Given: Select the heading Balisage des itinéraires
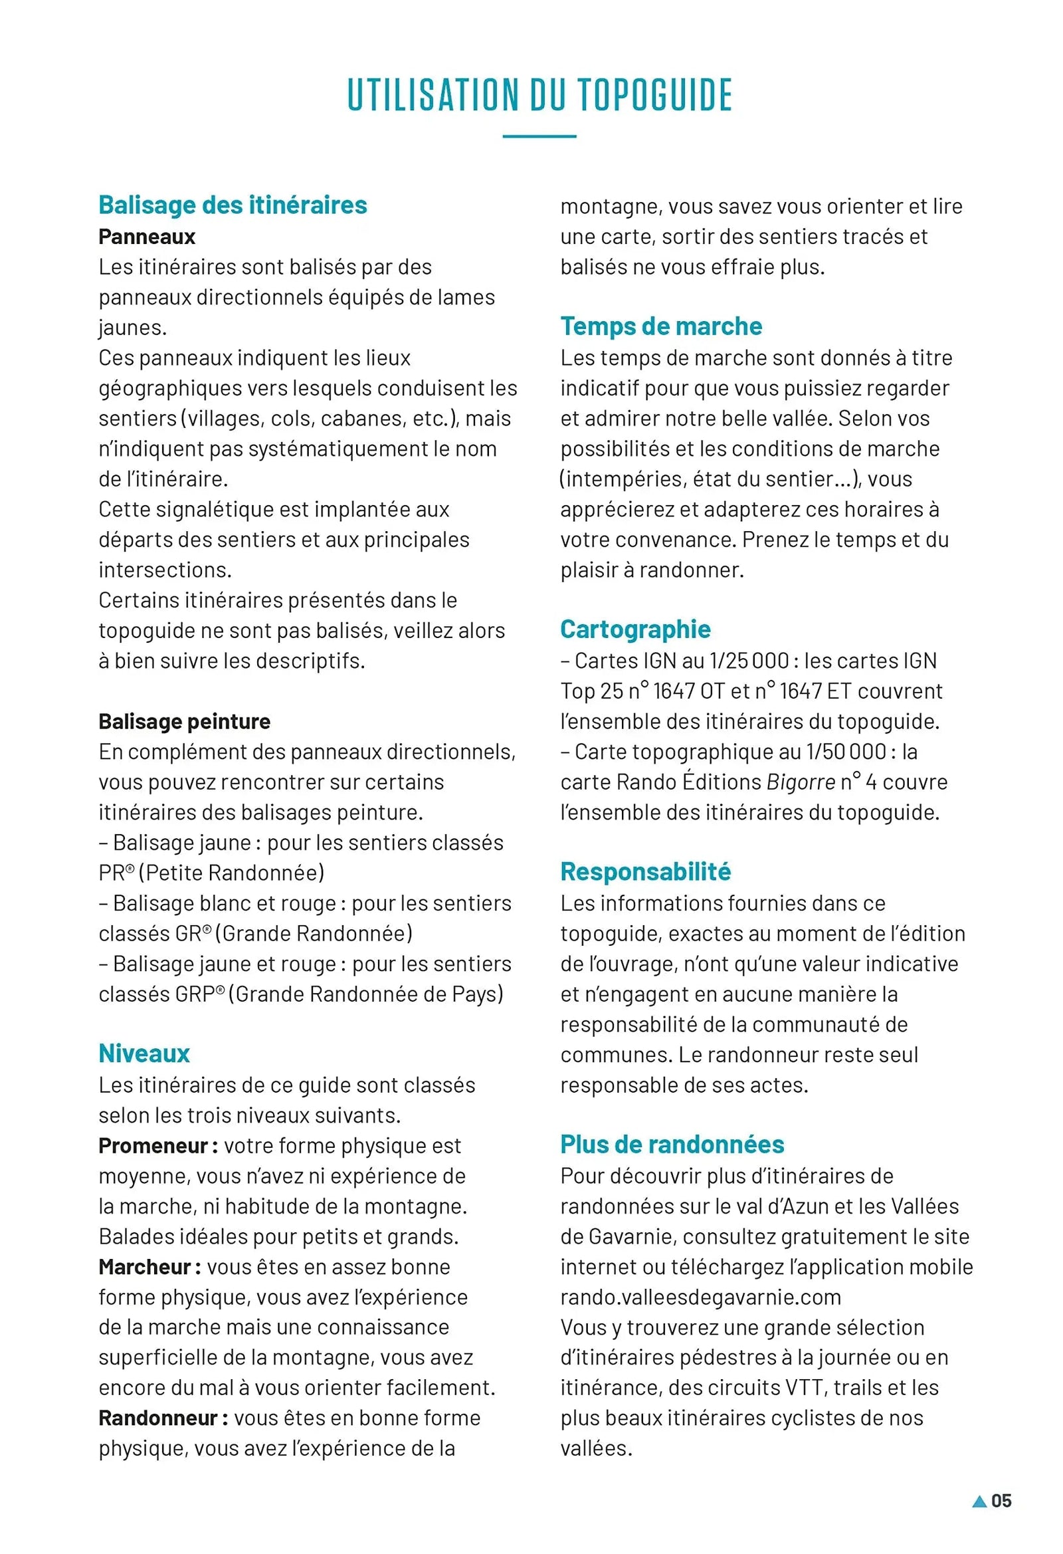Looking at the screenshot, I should pos(233,205).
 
